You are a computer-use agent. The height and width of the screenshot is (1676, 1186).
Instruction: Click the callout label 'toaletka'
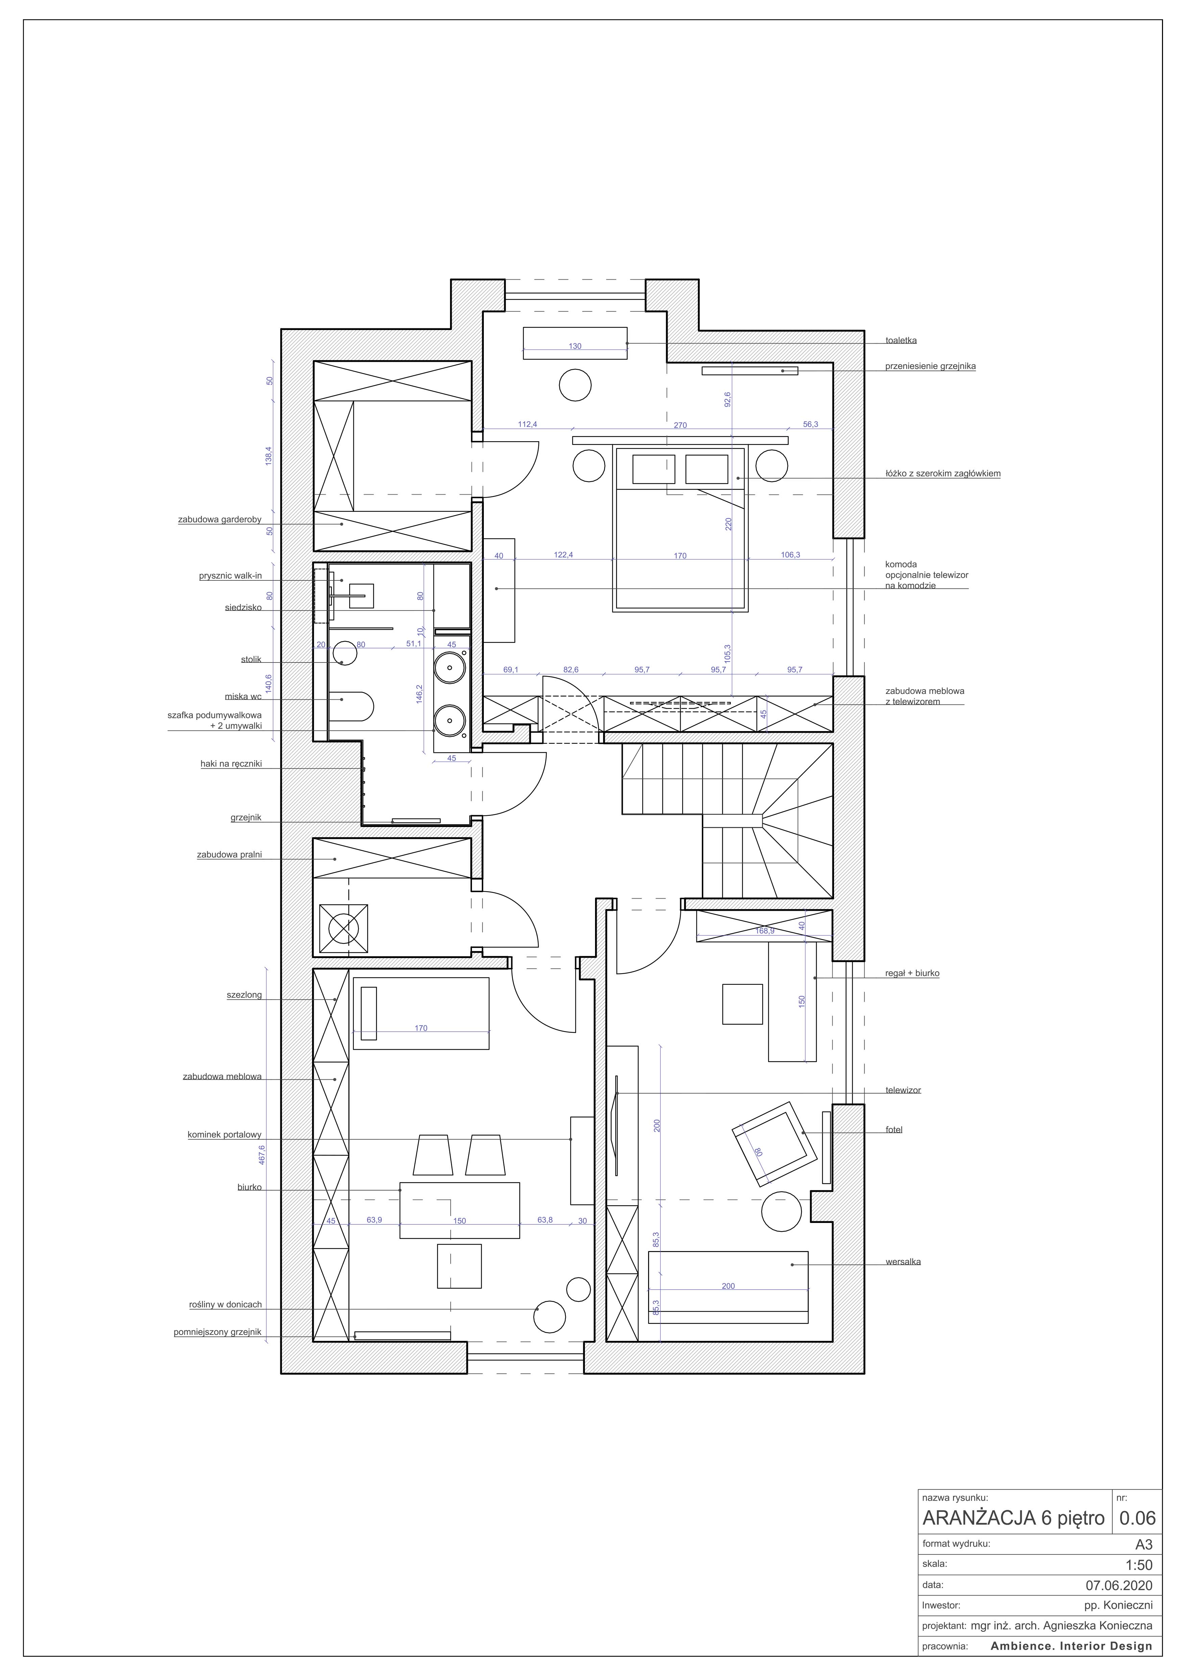point(900,340)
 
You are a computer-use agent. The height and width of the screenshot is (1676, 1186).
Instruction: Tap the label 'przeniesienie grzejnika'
point(930,367)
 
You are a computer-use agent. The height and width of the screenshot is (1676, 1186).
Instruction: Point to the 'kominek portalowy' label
point(224,1135)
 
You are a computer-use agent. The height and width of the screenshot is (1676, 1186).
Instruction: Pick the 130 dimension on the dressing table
point(575,346)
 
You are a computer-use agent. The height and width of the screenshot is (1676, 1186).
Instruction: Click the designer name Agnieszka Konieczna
point(1098,1626)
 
